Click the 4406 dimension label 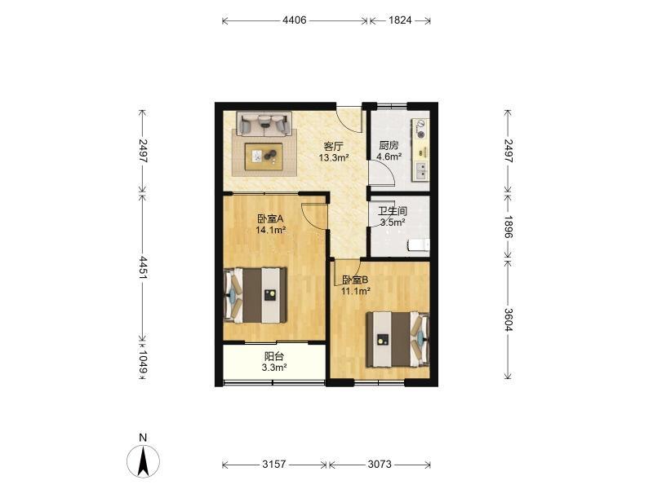[295, 20]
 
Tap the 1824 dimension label [400, 20]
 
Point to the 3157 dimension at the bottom [274, 464]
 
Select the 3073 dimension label [380, 464]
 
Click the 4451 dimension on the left [143, 267]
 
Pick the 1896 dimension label [508, 227]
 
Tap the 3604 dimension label [508, 319]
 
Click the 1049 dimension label [143, 361]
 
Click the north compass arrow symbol [144, 460]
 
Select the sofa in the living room [264, 124]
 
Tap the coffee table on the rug [264, 156]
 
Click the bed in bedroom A [255, 295]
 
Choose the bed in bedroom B [398, 339]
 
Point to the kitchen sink [421, 170]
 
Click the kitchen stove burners [421, 129]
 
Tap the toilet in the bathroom [419, 245]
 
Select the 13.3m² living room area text [334, 157]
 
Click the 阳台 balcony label [274, 356]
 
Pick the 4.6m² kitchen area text [389, 156]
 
